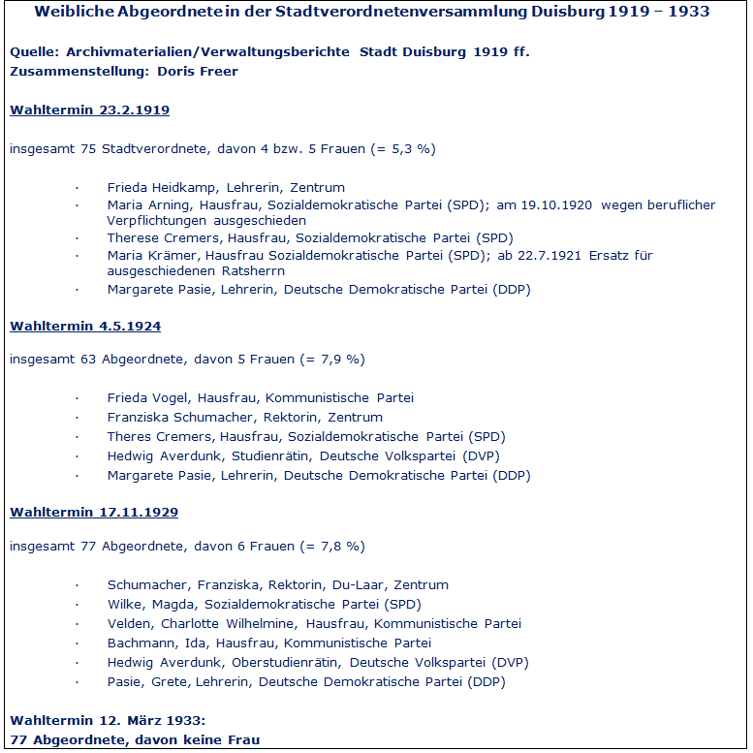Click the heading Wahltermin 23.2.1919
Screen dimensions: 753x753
click(x=89, y=110)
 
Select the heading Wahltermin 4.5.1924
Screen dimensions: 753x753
click(x=85, y=327)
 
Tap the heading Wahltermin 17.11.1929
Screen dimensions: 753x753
click(x=94, y=512)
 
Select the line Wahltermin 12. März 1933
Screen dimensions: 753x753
click(x=108, y=721)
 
